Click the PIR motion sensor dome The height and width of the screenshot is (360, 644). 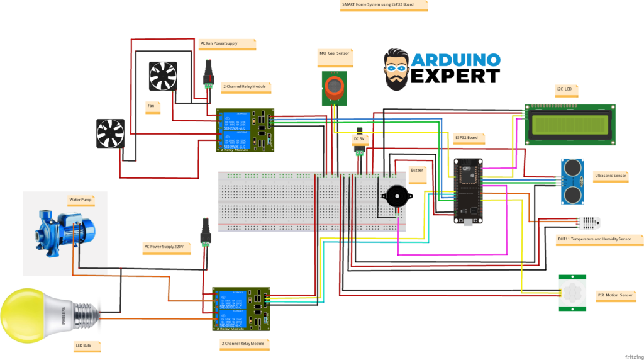(x=572, y=292)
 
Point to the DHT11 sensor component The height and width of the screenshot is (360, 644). (x=589, y=223)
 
